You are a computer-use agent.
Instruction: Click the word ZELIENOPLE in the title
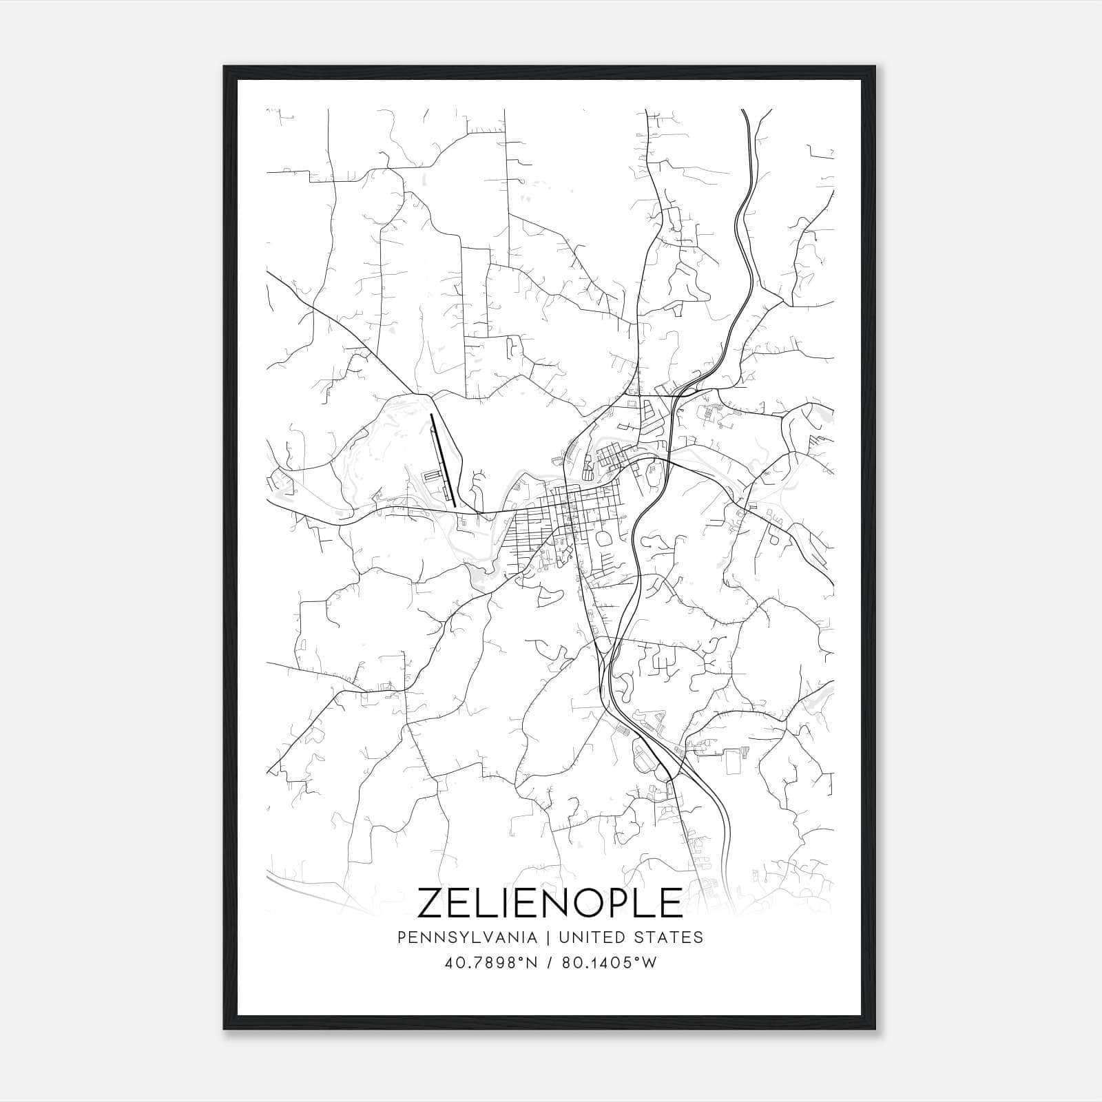click(x=550, y=903)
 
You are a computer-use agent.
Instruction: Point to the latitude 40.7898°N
click(x=490, y=963)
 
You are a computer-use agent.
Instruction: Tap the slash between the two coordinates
click(x=550, y=963)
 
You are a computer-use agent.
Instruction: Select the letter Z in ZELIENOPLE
click(x=433, y=903)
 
